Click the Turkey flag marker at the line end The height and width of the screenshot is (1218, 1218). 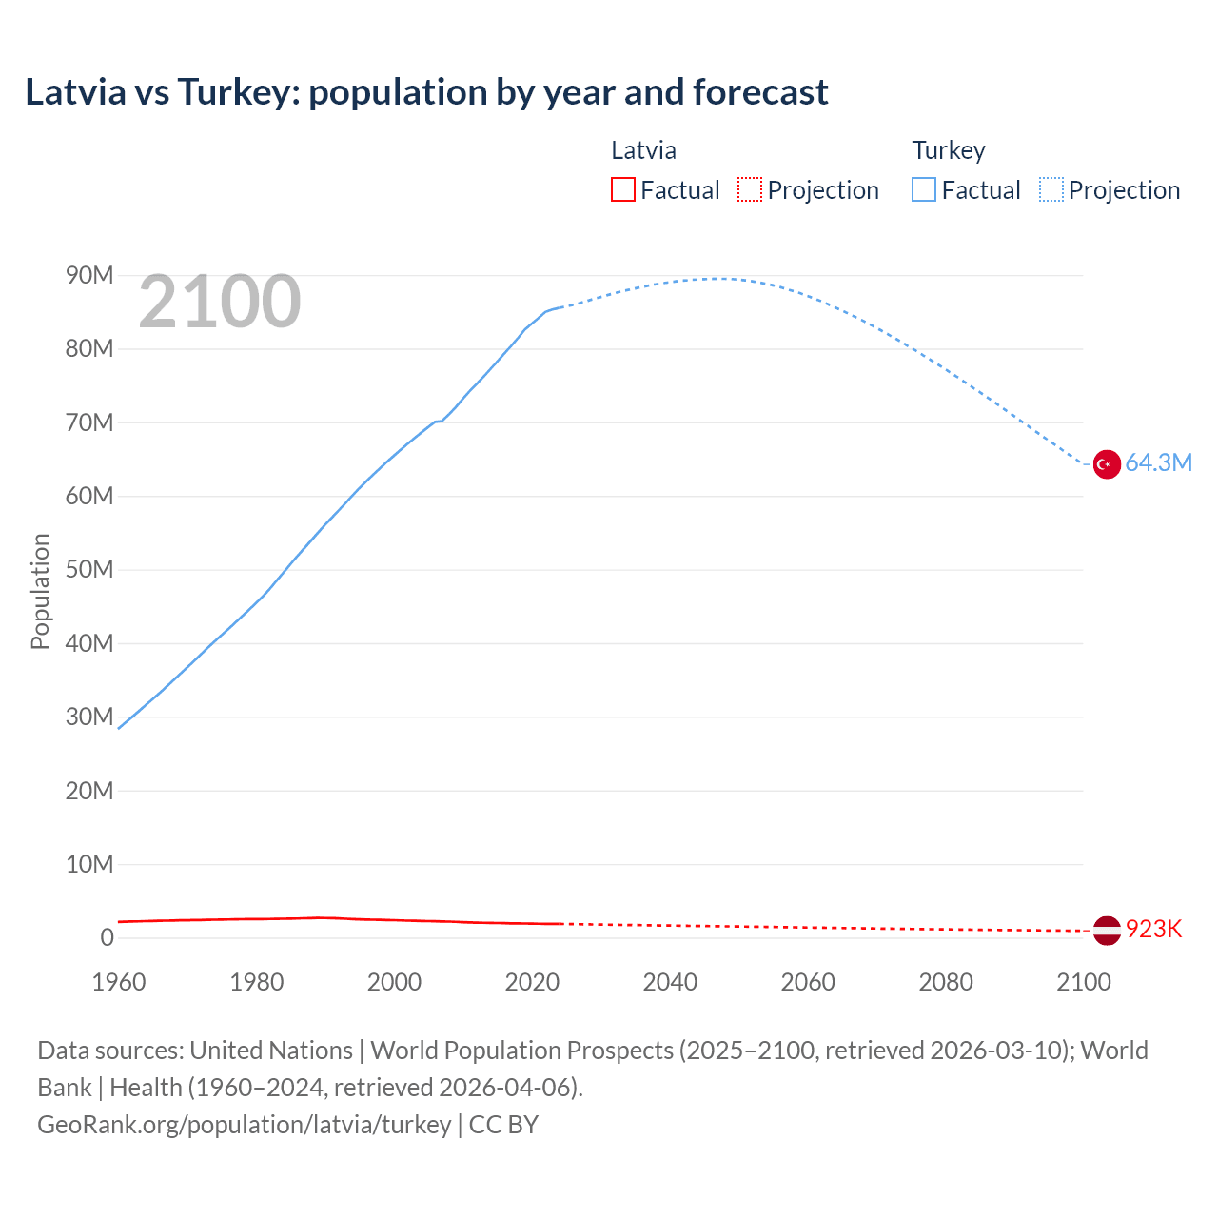(1106, 464)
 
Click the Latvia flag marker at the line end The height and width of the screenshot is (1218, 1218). (1106, 930)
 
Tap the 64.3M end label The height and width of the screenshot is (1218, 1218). (1158, 463)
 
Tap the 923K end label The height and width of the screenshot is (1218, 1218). (1153, 930)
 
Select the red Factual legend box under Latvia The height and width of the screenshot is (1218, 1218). (623, 189)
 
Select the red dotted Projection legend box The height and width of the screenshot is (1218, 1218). (750, 189)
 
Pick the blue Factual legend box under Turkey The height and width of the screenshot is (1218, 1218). (924, 189)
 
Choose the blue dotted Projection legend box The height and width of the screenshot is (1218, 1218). (1051, 189)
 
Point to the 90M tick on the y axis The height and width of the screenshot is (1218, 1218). (89, 276)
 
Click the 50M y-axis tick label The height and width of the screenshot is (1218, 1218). (89, 570)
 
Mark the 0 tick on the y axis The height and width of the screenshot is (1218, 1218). (107, 938)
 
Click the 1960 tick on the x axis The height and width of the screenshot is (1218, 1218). (119, 982)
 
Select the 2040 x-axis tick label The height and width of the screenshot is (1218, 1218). (670, 982)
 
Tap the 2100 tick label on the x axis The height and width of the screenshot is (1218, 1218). (1083, 982)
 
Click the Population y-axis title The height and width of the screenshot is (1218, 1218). (40, 591)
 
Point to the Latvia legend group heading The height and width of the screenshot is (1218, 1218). (643, 150)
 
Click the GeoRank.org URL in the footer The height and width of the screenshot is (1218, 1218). (245, 1125)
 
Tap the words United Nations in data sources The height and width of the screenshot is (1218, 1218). (271, 1051)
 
